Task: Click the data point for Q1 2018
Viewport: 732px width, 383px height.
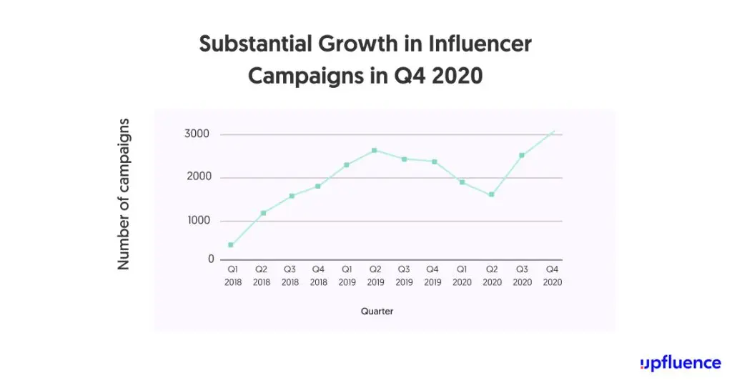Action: pos(231,245)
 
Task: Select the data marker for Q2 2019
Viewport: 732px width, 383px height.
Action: pos(374,150)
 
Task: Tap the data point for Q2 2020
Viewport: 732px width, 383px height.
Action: pos(492,194)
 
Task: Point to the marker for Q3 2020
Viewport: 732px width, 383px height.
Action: pos(522,155)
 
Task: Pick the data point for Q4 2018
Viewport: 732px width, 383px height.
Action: pos(317,186)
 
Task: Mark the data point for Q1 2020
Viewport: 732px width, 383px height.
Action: pos(463,182)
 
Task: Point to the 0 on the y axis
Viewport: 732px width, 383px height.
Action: pos(211,259)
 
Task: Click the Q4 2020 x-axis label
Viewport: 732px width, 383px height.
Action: pos(552,276)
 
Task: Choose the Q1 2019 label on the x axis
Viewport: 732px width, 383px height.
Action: pos(347,276)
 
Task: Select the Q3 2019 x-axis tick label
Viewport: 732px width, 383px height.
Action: pos(405,276)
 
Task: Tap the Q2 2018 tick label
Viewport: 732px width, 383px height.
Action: pos(262,276)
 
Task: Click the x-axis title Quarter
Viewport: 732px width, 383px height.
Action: pos(377,312)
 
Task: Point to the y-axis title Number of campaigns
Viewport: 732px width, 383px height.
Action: pos(124,194)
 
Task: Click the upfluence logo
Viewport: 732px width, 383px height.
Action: pos(681,363)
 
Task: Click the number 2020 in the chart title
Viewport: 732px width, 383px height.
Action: pos(457,75)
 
